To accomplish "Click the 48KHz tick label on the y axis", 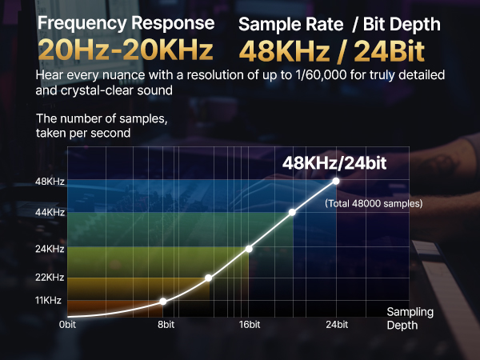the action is coord(50,182).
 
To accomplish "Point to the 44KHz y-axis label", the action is coord(50,212).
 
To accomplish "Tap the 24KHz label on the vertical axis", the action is coord(50,249).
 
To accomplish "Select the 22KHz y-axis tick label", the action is coord(50,278).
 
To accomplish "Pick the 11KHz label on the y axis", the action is coord(48,300).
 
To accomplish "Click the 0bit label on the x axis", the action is coord(67,325).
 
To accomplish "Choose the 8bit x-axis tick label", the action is coord(166,325).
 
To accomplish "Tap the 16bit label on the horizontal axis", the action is coord(250,325).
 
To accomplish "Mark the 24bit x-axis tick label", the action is coord(337,325).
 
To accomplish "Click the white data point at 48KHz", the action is coord(336,182).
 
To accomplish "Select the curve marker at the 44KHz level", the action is coord(292,212).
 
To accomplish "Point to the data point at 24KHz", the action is coord(249,249).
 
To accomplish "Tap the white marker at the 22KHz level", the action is coord(208,278).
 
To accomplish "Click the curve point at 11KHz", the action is coord(163,302).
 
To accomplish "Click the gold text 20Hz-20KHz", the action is coord(126,50).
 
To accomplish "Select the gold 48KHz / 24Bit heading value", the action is coord(332,51).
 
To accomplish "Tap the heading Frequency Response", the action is coord(126,23).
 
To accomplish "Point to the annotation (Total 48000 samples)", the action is coord(374,203).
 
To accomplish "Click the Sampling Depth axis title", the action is coord(410,318).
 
